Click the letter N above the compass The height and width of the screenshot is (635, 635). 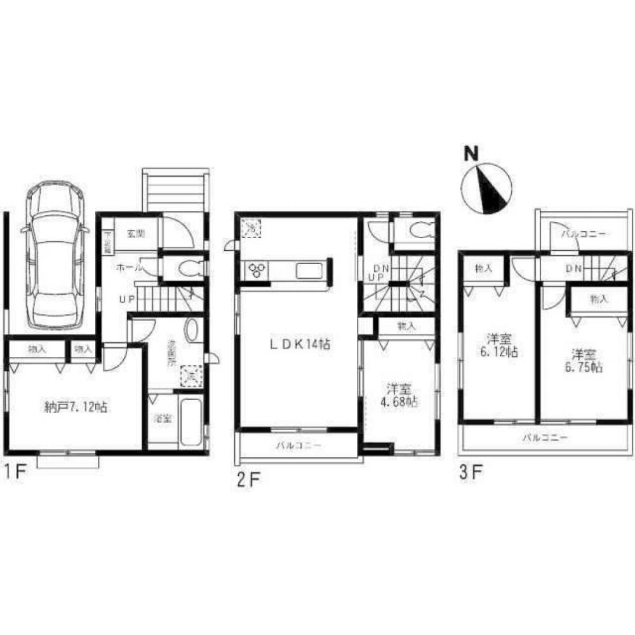click(x=470, y=153)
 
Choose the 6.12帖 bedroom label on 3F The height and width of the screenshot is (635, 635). click(x=496, y=345)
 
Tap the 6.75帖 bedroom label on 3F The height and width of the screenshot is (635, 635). click(x=582, y=361)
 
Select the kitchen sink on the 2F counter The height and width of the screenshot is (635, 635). click(x=309, y=271)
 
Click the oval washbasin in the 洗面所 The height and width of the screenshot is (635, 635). click(x=191, y=331)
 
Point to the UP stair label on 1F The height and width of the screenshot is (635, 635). click(x=124, y=297)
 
